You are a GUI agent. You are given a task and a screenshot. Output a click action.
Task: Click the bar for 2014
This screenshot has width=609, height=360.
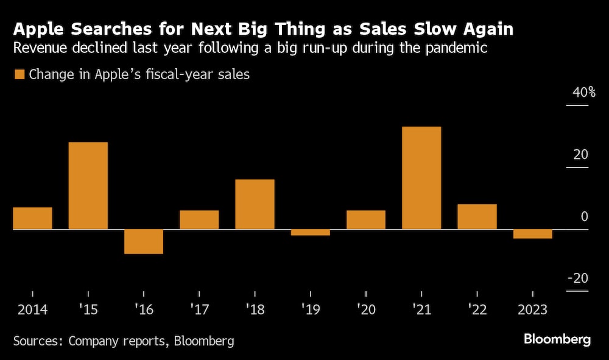click(32, 218)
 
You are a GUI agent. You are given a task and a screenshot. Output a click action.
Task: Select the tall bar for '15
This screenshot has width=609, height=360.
click(88, 186)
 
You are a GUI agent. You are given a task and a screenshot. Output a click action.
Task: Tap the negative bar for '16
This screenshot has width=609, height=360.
click(144, 241)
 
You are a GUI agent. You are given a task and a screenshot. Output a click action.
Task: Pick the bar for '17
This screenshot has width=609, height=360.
click(199, 220)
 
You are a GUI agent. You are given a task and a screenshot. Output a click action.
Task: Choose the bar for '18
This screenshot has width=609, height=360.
click(255, 204)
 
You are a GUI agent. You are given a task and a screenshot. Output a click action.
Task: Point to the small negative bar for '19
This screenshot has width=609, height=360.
click(310, 232)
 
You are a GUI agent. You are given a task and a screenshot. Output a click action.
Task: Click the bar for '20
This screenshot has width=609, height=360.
click(366, 220)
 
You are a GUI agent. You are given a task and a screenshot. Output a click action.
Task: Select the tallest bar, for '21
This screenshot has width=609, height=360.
click(421, 178)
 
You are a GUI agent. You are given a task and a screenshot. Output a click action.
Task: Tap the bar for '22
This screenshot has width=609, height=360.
click(477, 217)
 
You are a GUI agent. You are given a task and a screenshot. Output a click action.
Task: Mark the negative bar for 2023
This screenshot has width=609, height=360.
click(532, 234)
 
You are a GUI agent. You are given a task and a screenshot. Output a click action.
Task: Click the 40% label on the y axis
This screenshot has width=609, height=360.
click(583, 93)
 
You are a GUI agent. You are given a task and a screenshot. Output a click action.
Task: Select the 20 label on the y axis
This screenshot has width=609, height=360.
click(580, 155)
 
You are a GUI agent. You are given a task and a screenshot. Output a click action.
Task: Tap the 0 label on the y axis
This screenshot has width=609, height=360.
click(584, 216)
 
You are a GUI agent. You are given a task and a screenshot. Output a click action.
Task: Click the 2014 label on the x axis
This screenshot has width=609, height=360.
click(32, 309)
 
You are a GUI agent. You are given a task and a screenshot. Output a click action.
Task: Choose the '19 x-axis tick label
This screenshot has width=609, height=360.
click(310, 309)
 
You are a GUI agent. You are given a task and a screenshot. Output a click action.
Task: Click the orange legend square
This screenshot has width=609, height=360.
click(18, 74)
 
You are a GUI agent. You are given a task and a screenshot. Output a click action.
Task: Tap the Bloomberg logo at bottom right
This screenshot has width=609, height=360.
click(557, 339)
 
